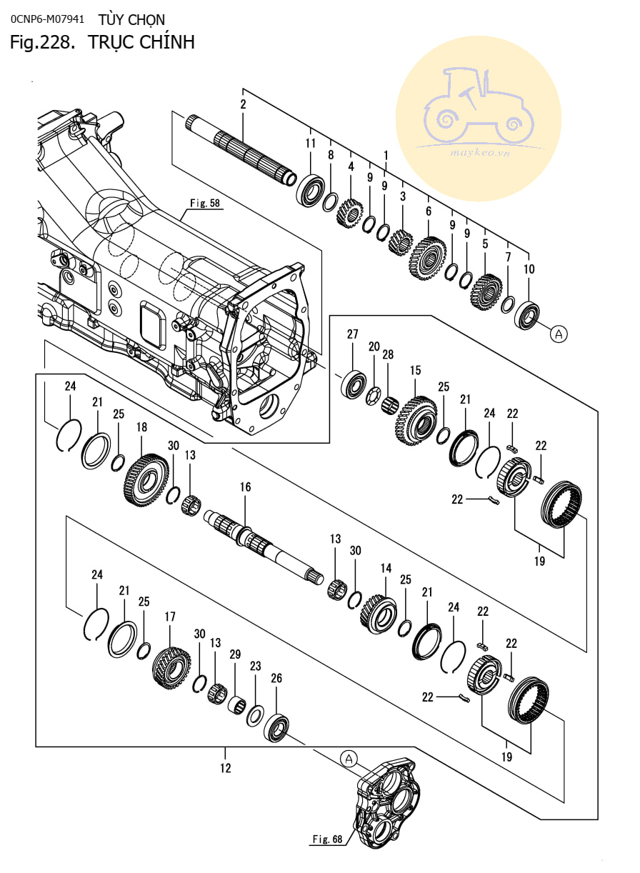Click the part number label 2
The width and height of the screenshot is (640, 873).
[x=244, y=104]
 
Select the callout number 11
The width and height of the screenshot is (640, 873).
[x=310, y=144]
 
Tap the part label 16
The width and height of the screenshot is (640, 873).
[x=245, y=487]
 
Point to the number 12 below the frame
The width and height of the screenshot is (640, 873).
[x=226, y=768]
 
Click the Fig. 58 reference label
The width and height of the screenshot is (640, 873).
[x=205, y=203]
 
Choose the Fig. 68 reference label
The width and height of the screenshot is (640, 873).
[x=327, y=839]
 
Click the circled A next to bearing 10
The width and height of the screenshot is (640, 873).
[x=559, y=334]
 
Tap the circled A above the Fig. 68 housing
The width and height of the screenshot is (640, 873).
[x=349, y=759]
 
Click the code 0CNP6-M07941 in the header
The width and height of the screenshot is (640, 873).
[x=47, y=19]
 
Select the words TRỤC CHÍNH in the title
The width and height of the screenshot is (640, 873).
[x=141, y=42]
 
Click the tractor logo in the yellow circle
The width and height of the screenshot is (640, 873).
[x=479, y=106]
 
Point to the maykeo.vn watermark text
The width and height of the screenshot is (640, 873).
[x=480, y=152]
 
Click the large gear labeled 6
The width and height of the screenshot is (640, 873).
[x=428, y=258]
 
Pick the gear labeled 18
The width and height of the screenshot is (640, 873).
[x=146, y=480]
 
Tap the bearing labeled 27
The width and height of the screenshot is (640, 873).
[x=354, y=384]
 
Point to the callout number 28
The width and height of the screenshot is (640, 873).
[x=388, y=354]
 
